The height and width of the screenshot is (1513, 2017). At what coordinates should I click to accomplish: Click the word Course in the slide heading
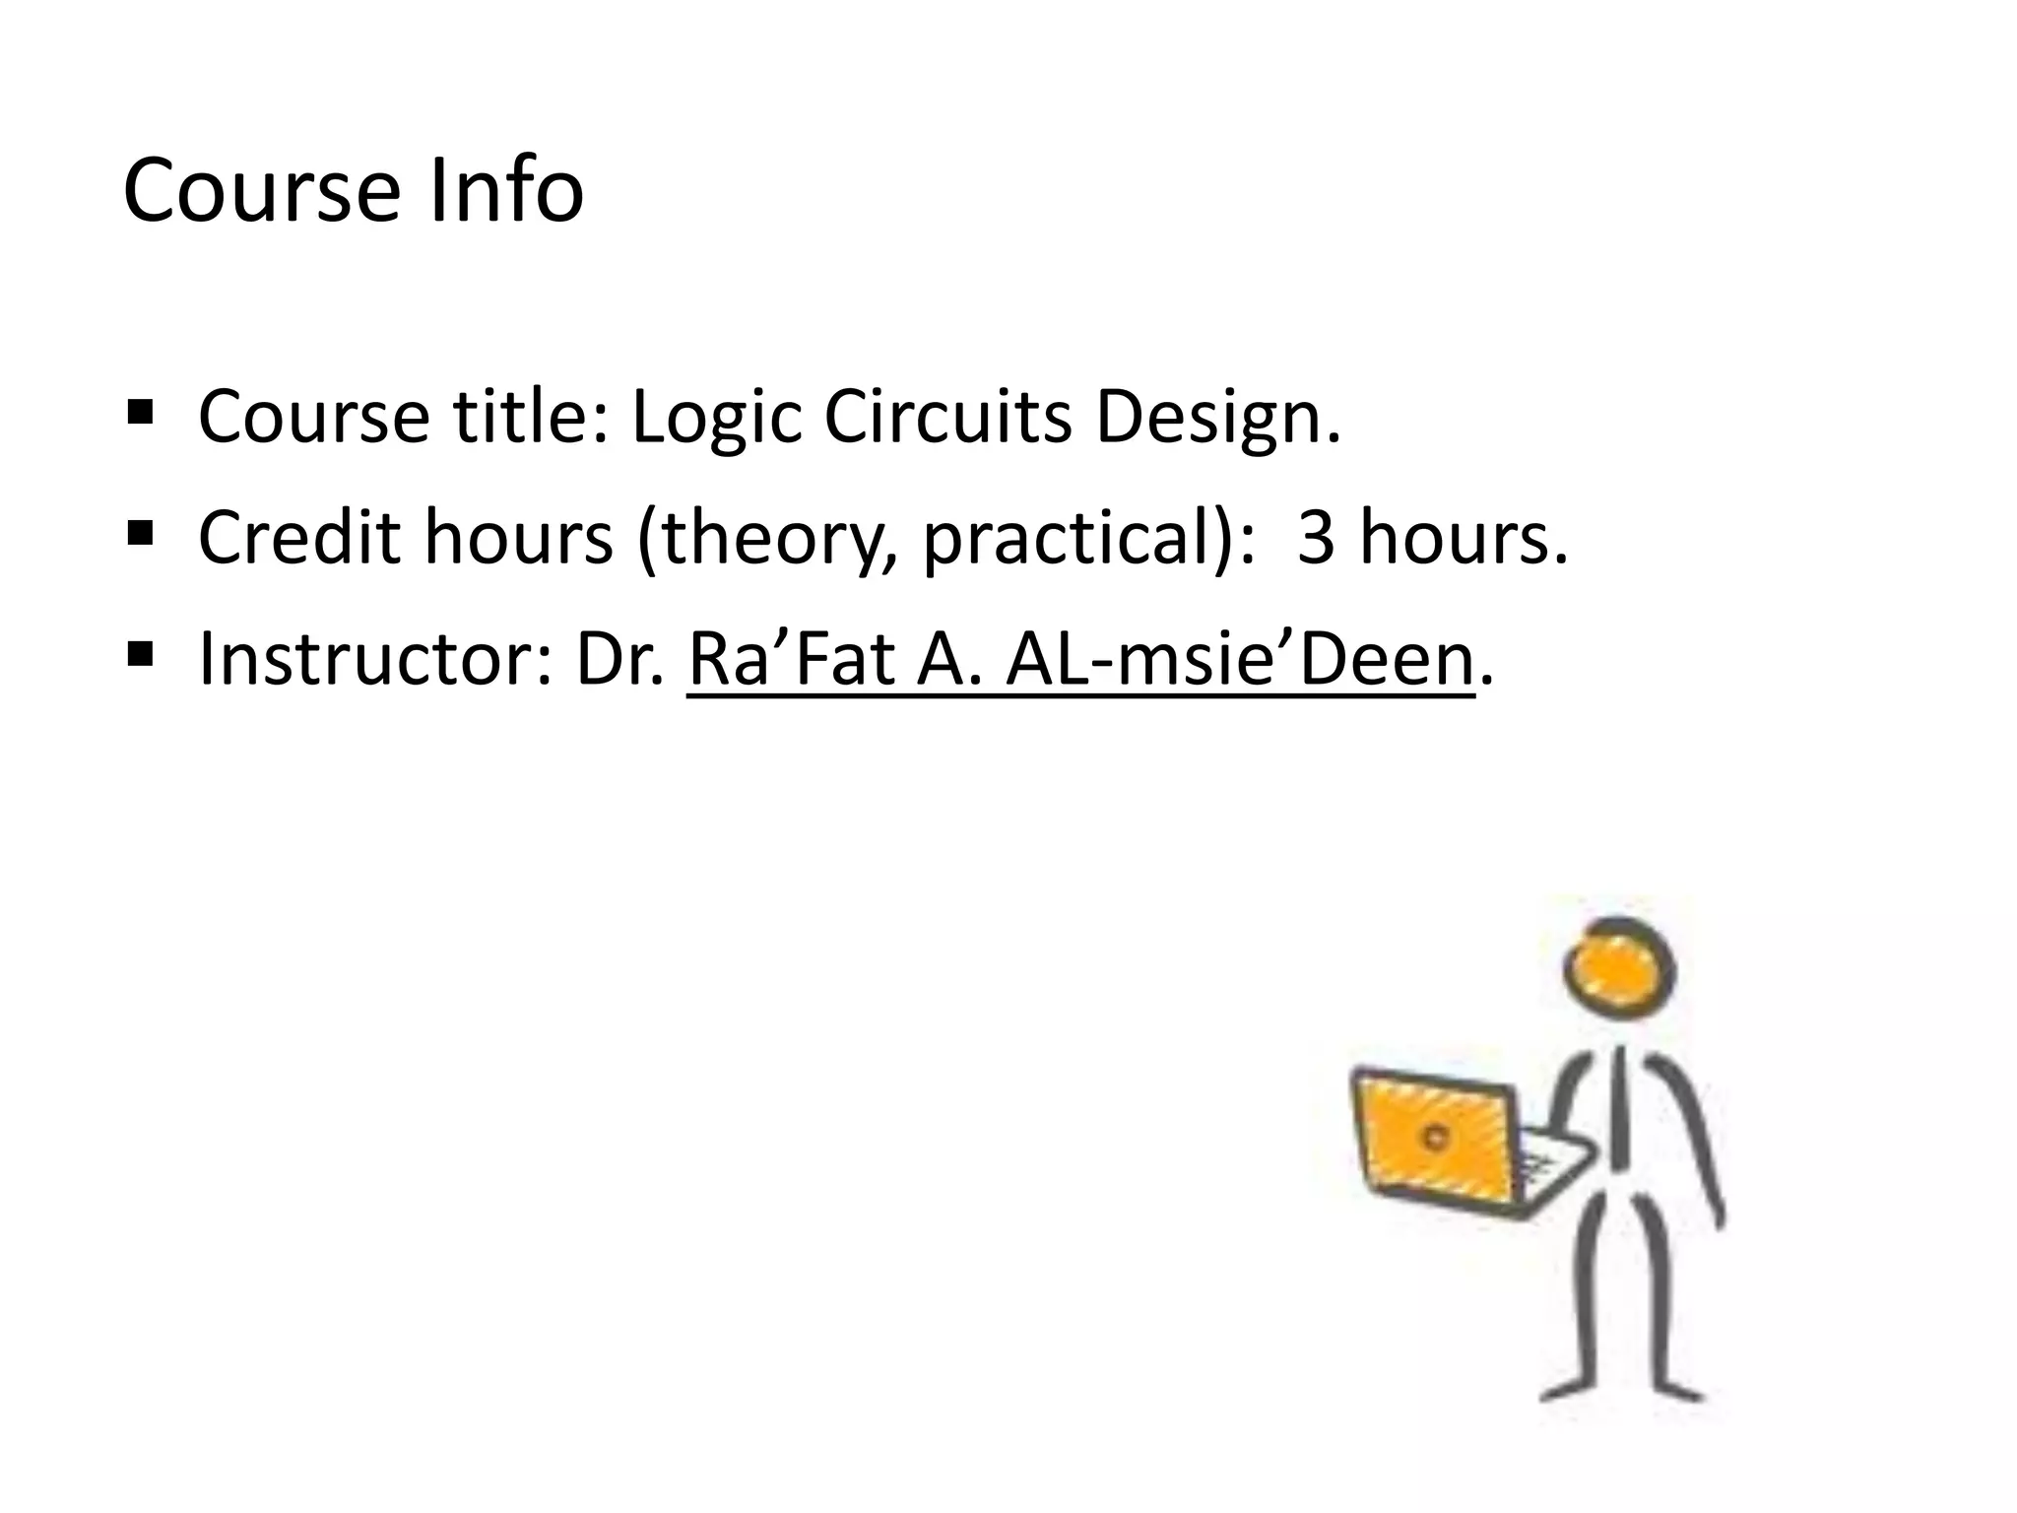262,190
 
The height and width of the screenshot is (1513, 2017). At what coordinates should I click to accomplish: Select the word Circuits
947,416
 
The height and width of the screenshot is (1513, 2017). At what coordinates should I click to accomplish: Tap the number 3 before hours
1316,538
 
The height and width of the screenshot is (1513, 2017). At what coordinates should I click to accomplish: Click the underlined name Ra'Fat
790,659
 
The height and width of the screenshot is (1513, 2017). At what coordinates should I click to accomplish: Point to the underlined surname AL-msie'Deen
1239,659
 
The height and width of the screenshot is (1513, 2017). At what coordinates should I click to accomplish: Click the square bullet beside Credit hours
141,532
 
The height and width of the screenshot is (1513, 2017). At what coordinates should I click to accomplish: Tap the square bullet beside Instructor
141,652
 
